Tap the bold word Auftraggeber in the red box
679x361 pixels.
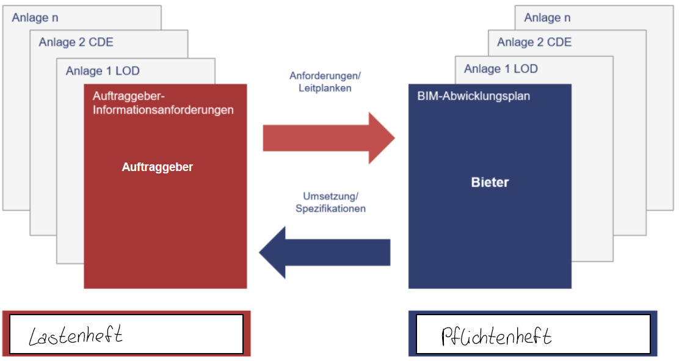click(158, 167)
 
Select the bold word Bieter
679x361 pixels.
click(490, 182)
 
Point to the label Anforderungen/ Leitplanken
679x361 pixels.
click(325, 82)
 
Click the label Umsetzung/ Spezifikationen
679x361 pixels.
click(330, 202)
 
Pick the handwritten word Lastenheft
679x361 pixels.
click(76, 335)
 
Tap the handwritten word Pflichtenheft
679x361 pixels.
click(496, 337)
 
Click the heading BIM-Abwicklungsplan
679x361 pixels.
click(473, 96)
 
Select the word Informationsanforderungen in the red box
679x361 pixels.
click(163, 110)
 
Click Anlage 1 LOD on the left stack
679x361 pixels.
click(103, 71)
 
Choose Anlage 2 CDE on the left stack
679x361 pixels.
click(76, 42)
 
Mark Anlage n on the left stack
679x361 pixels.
click(35, 18)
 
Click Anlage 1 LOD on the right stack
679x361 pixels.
click(501, 68)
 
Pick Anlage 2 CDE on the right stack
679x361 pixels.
click(534, 42)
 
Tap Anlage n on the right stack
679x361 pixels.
click(548, 18)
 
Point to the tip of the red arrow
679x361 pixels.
click(394, 138)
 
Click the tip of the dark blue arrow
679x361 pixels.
click(260, 252)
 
